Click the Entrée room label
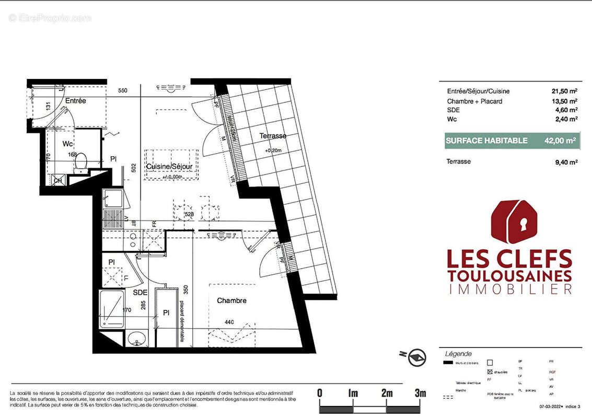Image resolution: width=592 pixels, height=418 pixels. [x=76, y=100]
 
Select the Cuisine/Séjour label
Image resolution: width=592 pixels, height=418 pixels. [x=169, y=166]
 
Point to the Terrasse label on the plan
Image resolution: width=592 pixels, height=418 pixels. [x=273, y=136]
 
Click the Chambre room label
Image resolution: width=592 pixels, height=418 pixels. [x=231, y=300]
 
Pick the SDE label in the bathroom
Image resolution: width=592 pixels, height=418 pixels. [x=140, y=293]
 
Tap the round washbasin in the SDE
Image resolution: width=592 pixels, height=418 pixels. [x=136, y=338]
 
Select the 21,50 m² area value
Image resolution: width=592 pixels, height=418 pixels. [x=564, y=91]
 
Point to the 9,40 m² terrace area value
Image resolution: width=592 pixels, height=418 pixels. [x=566, y=162]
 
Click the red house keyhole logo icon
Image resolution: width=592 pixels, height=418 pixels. [x=512, y=222]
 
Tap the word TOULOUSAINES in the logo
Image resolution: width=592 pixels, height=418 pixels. [x=509, y=275]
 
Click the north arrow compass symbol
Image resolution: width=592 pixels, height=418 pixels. [x=417, y=358]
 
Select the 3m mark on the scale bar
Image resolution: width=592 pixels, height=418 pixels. [x=420, y=393]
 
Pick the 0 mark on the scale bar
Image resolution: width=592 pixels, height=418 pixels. [x=320, y=393]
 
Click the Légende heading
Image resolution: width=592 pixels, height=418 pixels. [x=455, y=354]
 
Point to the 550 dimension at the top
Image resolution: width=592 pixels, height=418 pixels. [x=122, y=90]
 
